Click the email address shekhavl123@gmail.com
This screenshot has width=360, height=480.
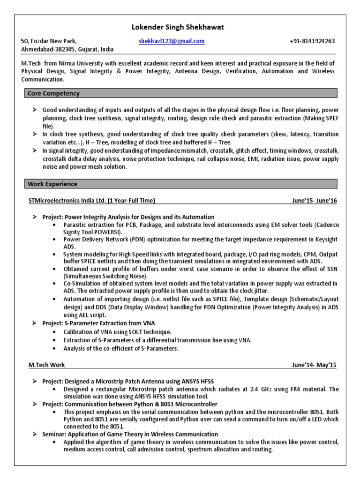pos(172,41)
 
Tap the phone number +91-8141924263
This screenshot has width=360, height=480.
pos(312,41)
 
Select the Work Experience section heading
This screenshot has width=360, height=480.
pos(52,184)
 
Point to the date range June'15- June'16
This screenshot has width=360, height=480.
pos(314,201)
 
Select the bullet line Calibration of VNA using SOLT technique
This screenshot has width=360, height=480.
pos(117,332)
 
